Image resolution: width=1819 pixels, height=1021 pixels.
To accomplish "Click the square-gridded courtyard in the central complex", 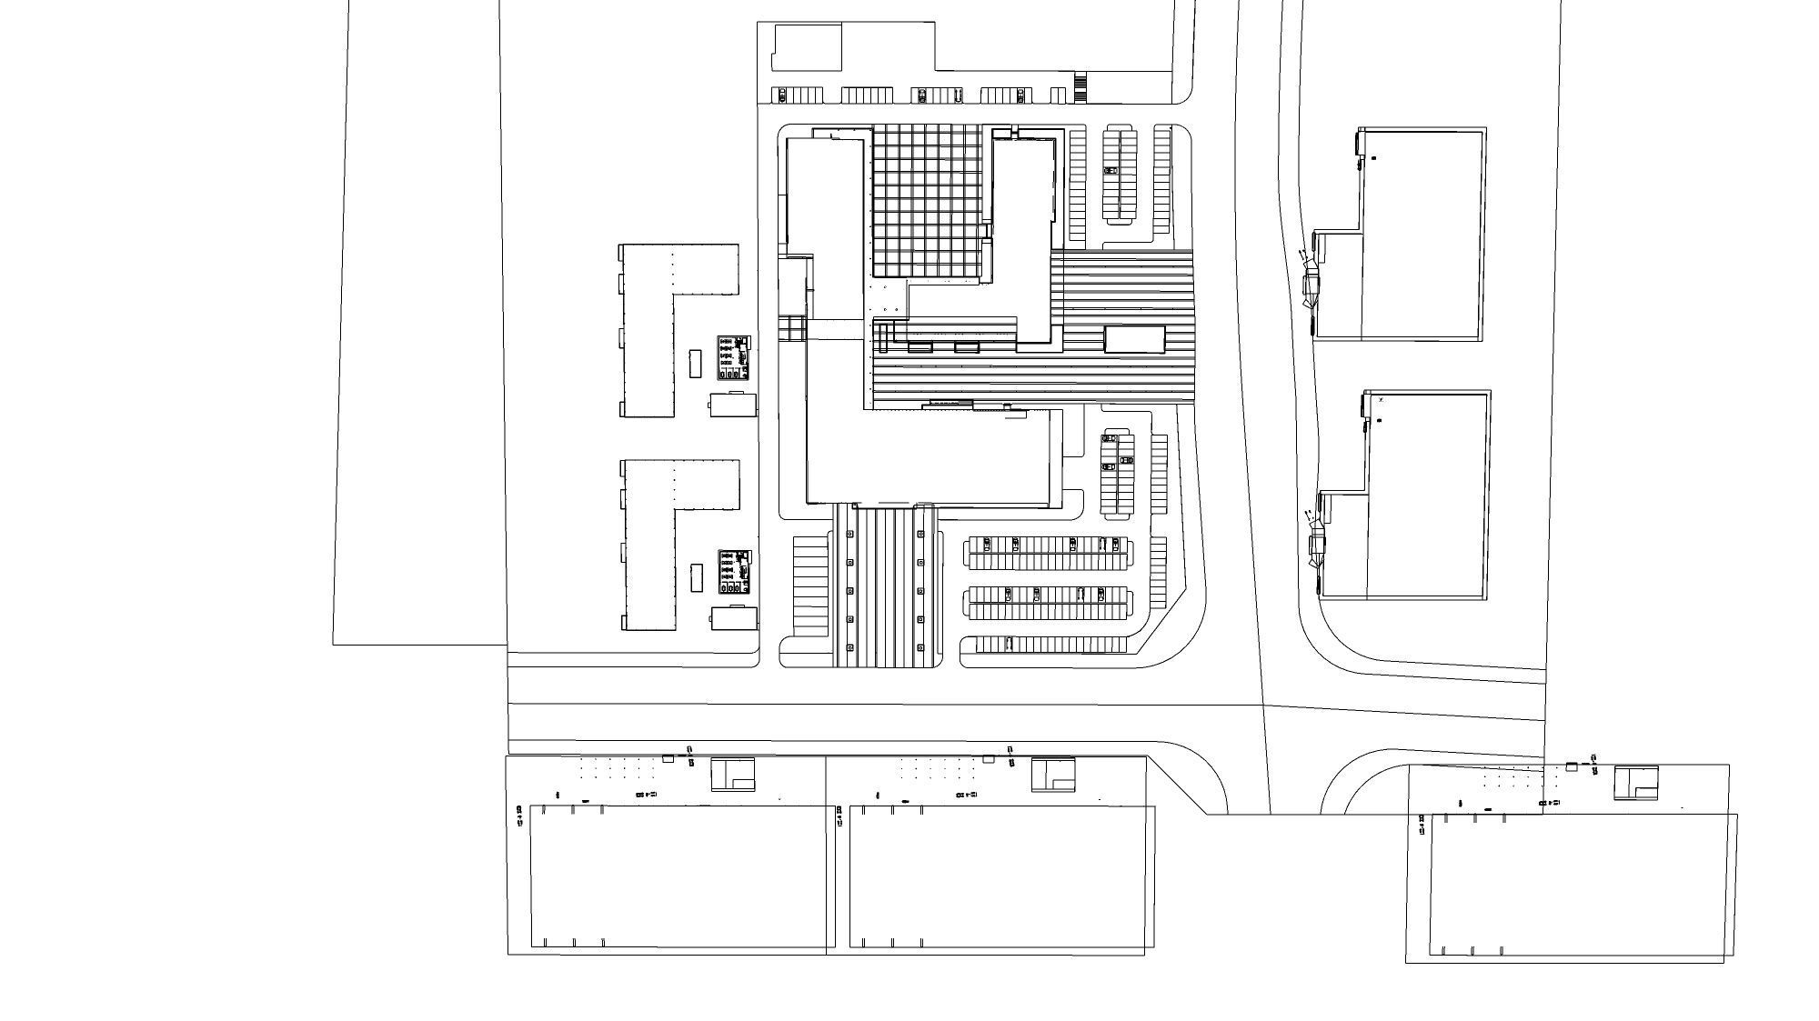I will tap(928, 200).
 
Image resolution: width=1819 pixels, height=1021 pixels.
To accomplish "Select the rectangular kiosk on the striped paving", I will tap(1134, 339).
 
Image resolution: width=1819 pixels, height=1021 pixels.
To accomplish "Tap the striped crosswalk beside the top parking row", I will tap(1080, 89).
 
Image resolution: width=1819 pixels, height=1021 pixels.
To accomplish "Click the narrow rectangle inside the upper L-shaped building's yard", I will tap(696, 363).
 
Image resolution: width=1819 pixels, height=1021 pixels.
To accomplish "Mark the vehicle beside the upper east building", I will tap(1311, 285).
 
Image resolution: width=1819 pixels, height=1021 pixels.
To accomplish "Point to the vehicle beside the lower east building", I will tap(1316, 546).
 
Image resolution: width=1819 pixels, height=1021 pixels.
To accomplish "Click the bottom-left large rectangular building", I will tap(682, 877).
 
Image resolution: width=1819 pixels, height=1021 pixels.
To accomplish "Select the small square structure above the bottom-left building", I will tap(732, 774).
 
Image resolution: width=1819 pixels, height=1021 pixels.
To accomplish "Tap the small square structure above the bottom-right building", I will tap(1635, 782).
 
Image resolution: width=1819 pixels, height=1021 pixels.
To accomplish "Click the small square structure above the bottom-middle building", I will tap(1053, 774).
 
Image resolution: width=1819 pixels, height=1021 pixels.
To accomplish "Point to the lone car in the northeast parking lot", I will tap(1110, 171).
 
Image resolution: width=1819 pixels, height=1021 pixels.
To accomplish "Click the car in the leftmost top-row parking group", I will tap(780, 95).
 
